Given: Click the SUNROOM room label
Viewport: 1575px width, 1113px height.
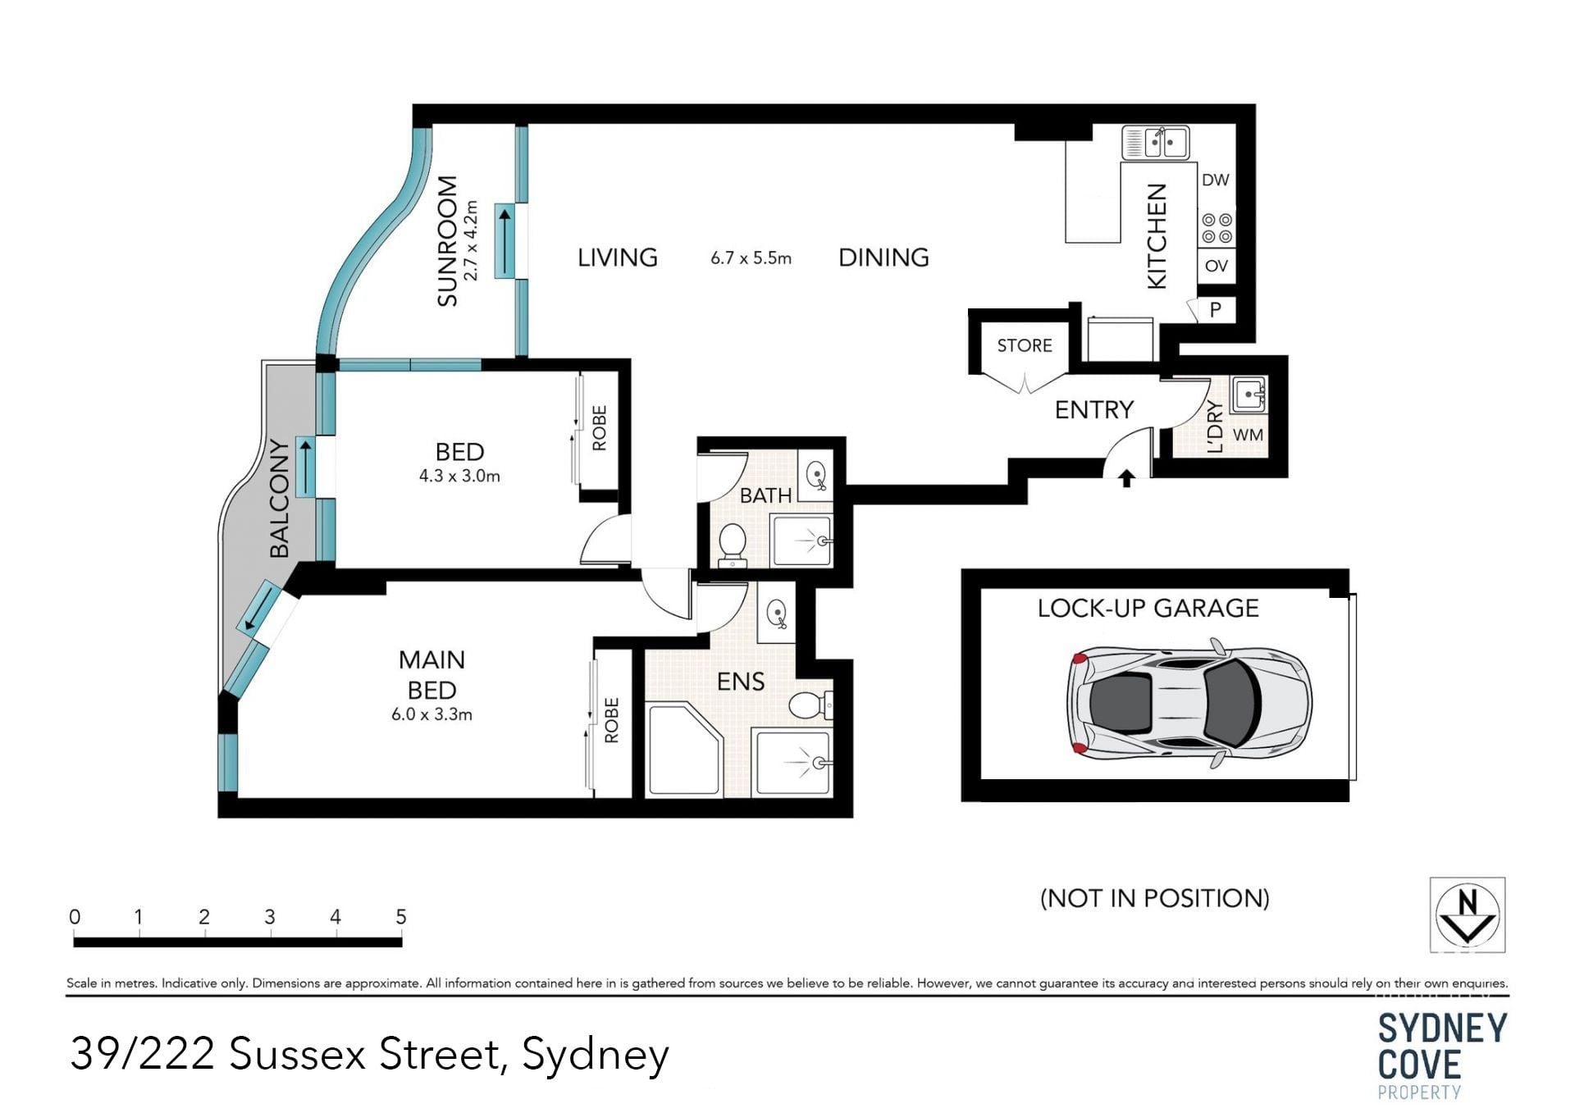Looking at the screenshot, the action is pos(447,241).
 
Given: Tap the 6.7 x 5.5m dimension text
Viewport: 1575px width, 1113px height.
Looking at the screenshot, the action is pos(751,258).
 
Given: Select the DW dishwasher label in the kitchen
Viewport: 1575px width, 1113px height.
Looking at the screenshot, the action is pos(1215,180).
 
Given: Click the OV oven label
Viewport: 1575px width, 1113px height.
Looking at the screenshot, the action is pos(1216,266).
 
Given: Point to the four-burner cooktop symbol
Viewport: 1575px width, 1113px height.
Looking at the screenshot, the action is pos(1216,229).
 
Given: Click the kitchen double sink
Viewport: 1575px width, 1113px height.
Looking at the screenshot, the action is pos(1155,143).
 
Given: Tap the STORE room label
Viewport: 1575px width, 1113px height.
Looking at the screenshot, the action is pos(1025,345).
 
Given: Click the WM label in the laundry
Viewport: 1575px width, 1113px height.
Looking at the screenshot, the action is pos(1248,436).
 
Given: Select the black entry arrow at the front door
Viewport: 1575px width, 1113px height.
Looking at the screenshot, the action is pos(1126,478).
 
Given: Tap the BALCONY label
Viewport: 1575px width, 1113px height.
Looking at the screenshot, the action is pos(280,499).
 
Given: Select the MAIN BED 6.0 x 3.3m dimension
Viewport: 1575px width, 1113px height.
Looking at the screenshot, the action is pos(431,714).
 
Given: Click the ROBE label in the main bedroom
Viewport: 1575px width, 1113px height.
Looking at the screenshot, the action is pos(611,721).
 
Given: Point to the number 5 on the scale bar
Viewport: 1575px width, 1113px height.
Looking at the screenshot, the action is pos(401,917).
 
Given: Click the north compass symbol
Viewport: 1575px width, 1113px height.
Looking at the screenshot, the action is pos(1467,915).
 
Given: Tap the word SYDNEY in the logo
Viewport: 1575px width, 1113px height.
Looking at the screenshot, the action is pos(1443,1029).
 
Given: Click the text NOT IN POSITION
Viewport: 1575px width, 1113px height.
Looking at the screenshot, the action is pos(1155,898).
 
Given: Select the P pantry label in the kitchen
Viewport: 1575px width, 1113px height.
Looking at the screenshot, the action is pos(1216,309).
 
